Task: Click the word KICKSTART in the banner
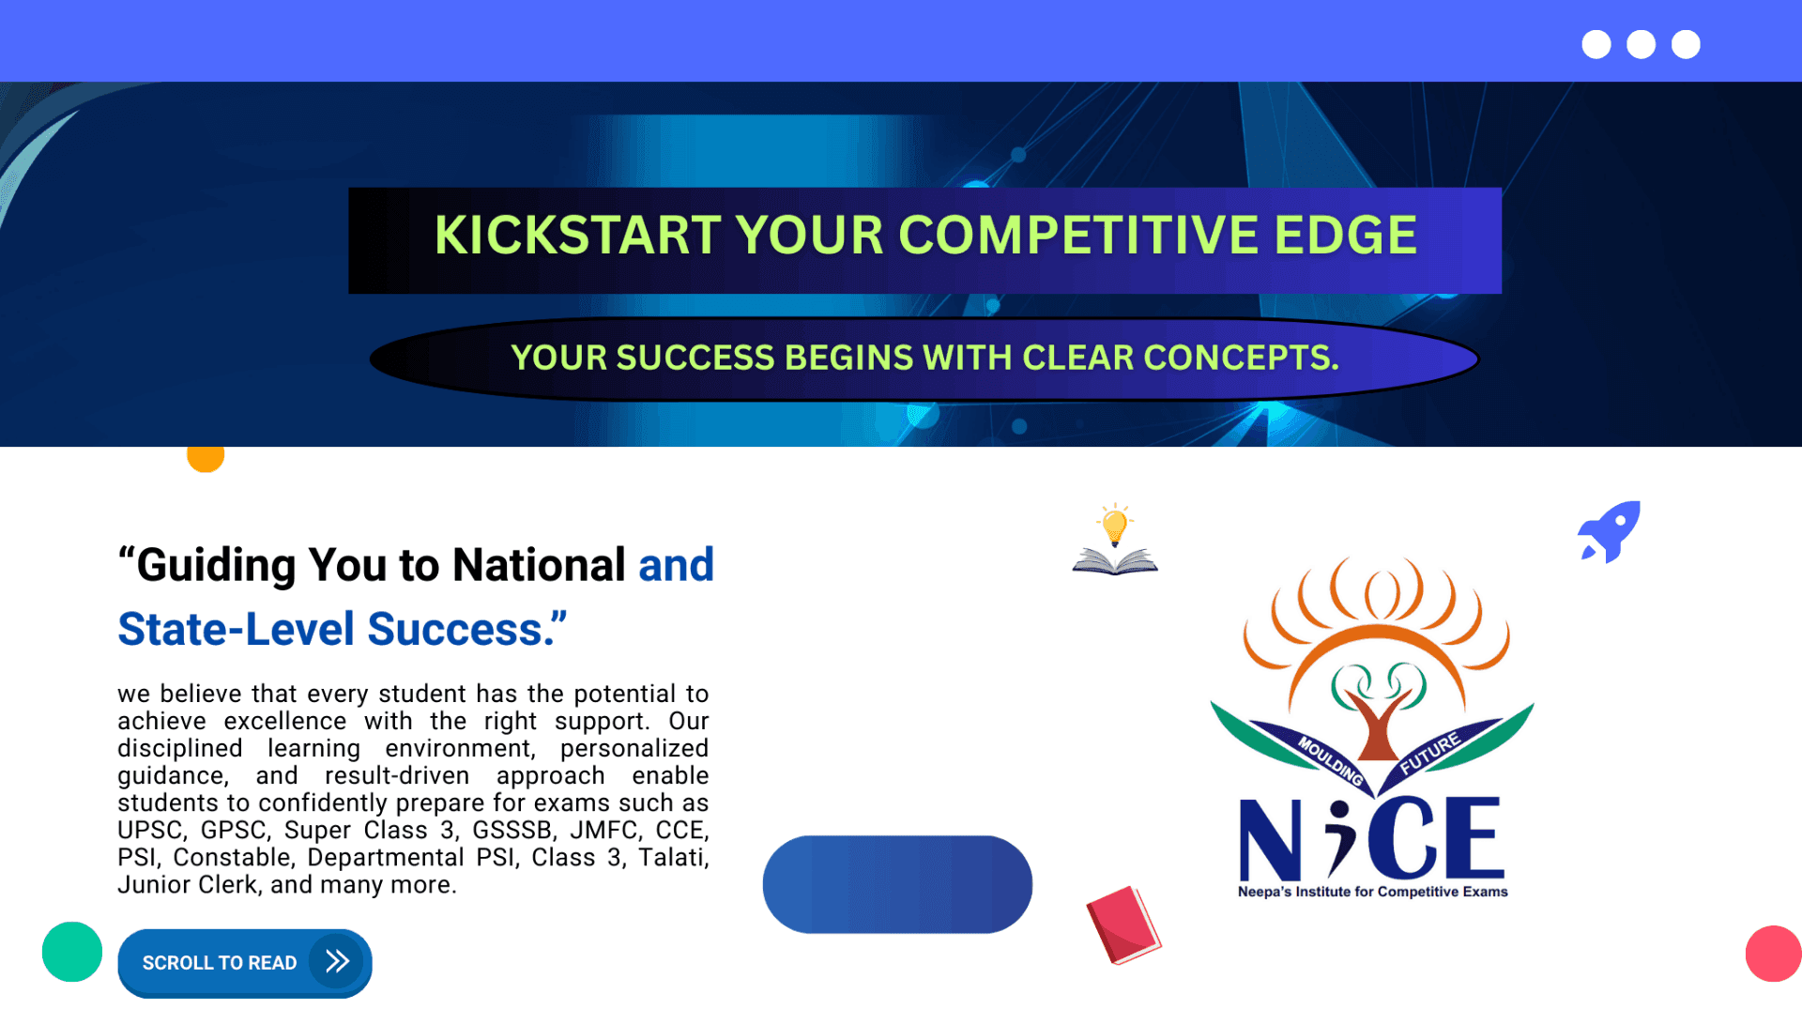point(576,235)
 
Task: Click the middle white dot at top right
point(1641,44)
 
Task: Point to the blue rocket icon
point(1609,532)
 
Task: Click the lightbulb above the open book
point(1115,525)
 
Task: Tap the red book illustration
point(1123,925)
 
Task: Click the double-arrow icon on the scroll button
point(337,961)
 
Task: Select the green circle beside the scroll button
point(72,952)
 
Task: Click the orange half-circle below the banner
point(206,458)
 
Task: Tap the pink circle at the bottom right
point(1774,954)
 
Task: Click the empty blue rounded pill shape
point(897,884)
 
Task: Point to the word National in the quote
point(539,565)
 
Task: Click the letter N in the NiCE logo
point(1271,838)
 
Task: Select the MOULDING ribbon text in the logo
point(1330,760)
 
